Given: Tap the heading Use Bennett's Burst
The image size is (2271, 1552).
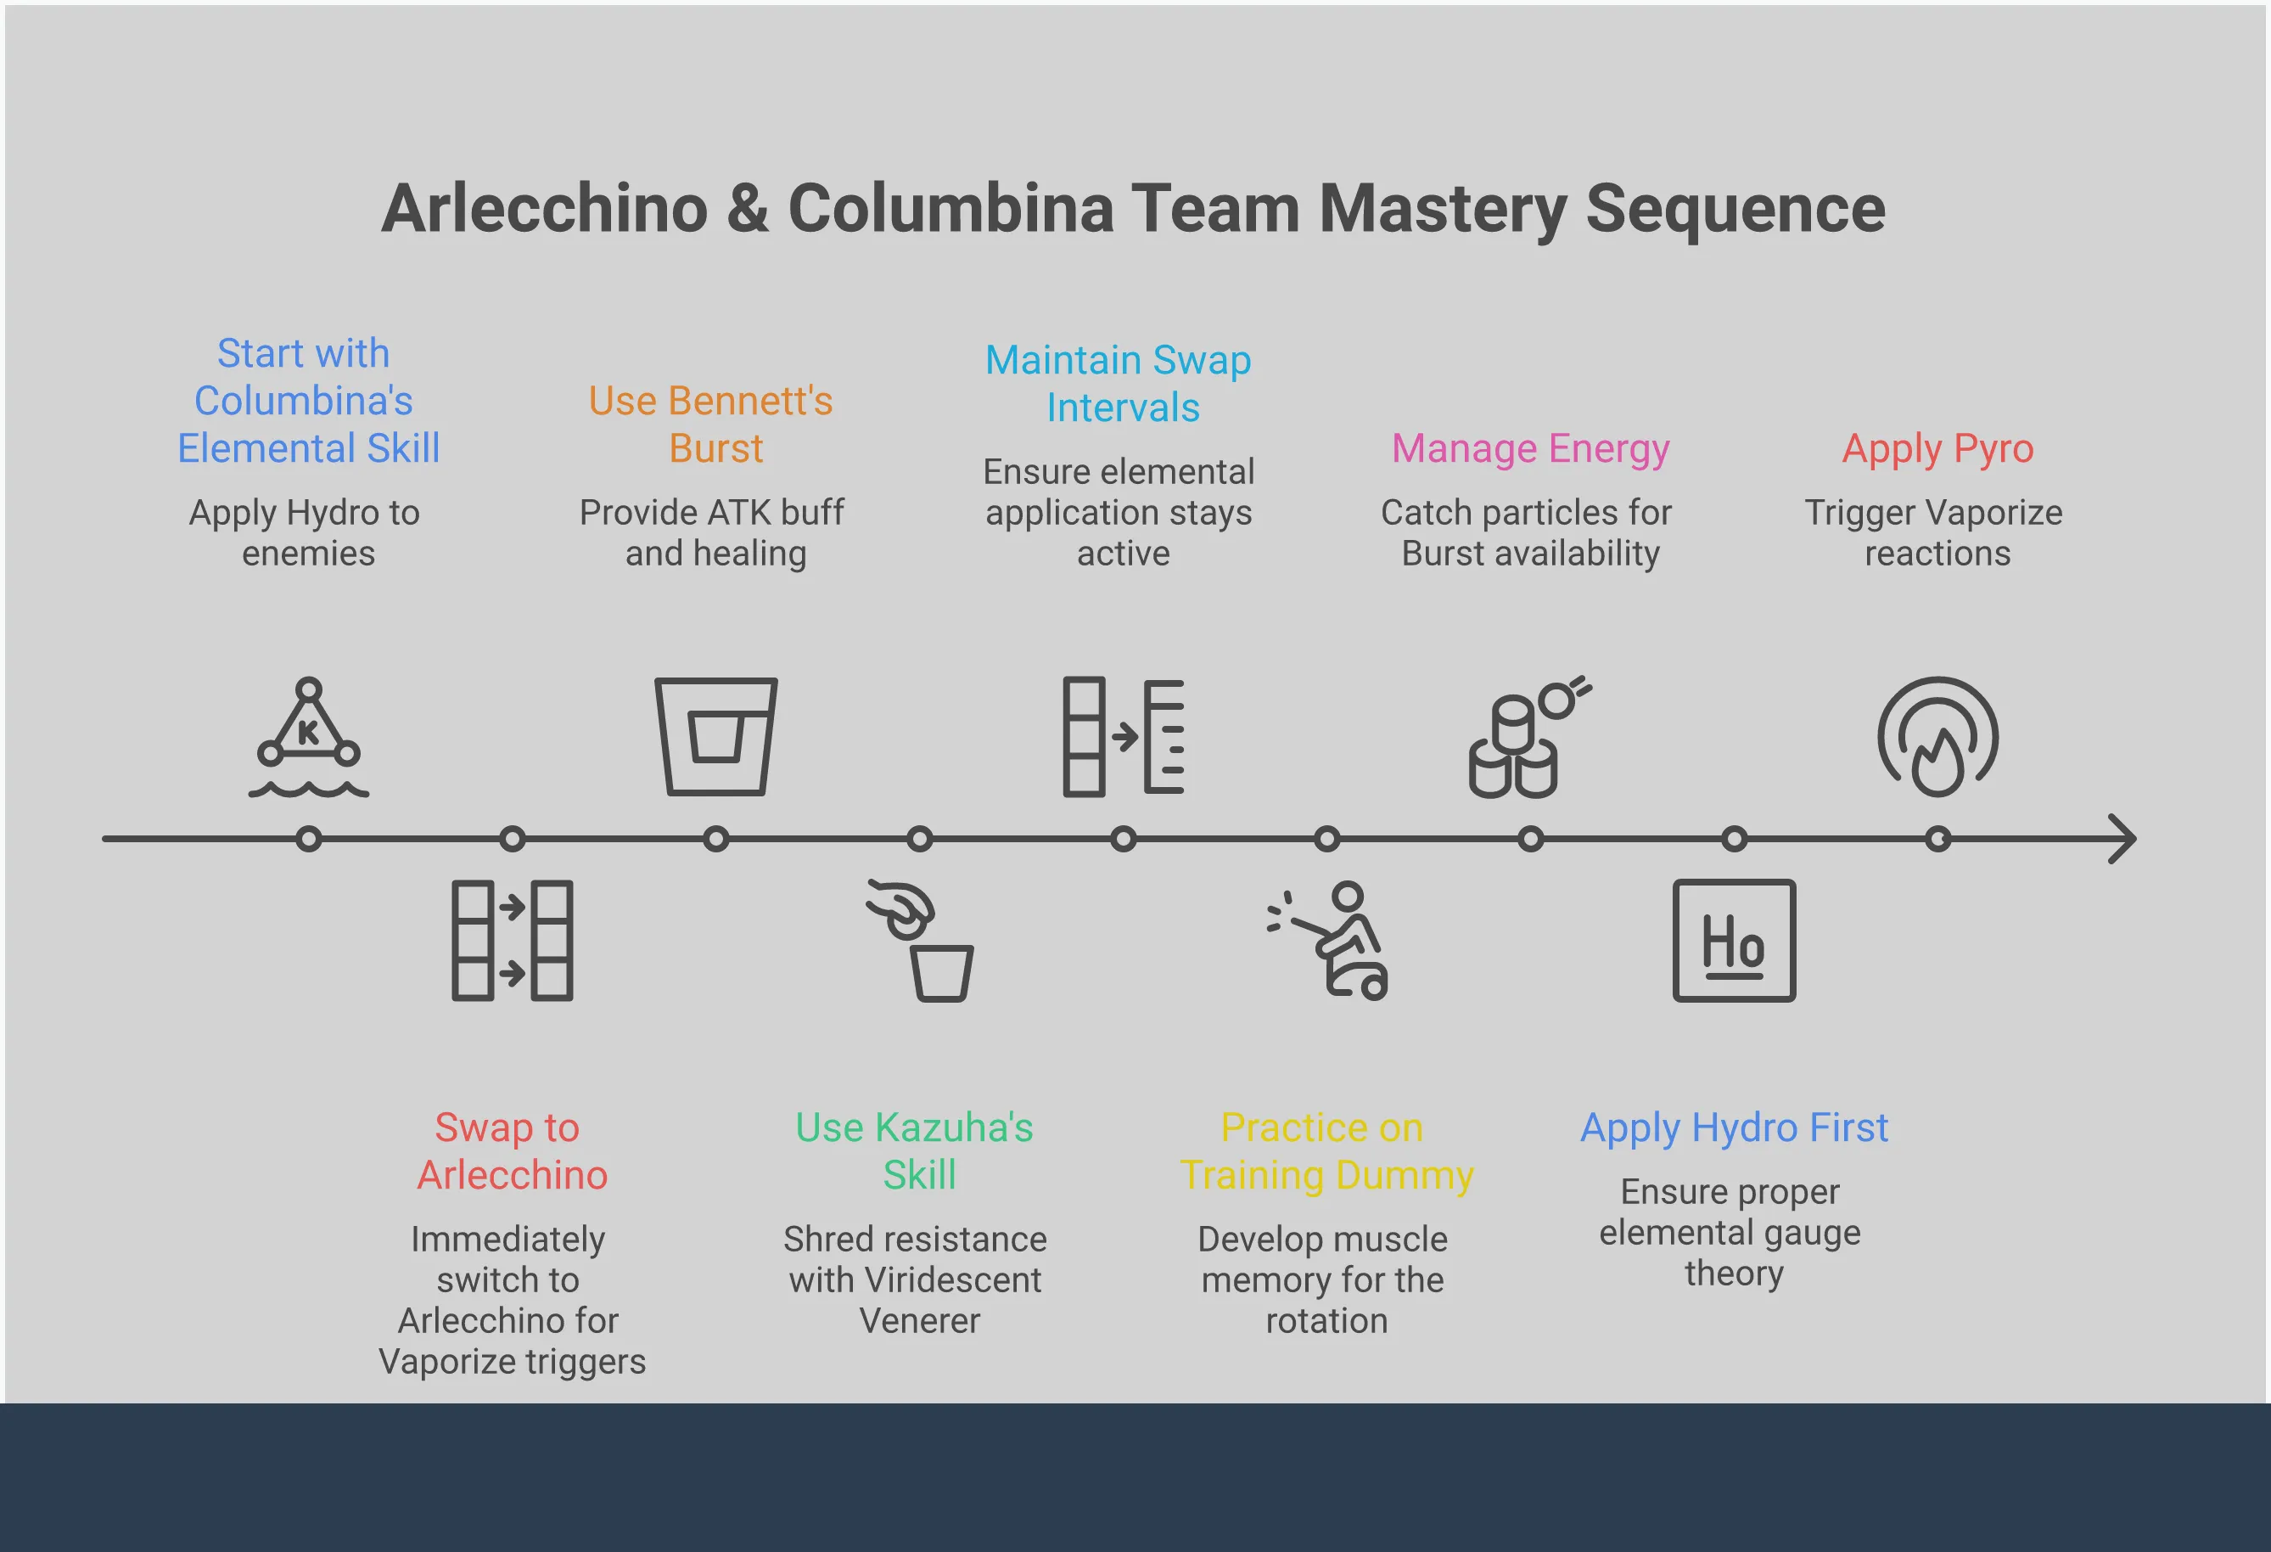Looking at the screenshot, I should click(x=712, y=425).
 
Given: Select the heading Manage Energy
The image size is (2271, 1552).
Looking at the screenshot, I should click(x=1529, y=448).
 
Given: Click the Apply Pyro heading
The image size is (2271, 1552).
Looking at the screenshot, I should click(x=1937, y=448).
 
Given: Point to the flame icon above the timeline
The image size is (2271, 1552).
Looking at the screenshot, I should click(x=1937, y=737).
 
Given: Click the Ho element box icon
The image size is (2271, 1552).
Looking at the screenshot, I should click(x=1734, y=940).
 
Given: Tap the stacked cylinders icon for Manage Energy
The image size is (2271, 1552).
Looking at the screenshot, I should click(x=1525, y=739).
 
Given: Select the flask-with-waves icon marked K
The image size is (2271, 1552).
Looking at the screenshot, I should click(x=309, y=737).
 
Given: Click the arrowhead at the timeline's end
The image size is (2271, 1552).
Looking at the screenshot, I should click(x=2122, y=839).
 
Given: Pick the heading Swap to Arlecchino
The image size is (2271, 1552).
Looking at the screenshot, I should click(x=510, y=1150).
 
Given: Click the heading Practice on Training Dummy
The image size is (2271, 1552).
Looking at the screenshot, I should click(x=1325, y=1150).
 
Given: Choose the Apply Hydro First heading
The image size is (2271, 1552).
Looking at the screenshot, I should click(x=1734, y=1127).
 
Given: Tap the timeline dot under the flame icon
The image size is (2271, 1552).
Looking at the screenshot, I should click(x=1937, y=839).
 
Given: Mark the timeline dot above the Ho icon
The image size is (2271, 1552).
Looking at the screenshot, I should click(x=1734, y=839).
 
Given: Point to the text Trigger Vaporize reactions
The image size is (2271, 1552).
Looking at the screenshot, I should click(x=1935, y=532).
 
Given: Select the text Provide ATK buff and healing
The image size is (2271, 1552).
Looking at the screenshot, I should click(x=712, y=532).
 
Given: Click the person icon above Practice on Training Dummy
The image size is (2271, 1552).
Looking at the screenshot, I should click(x=1329, y=940).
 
